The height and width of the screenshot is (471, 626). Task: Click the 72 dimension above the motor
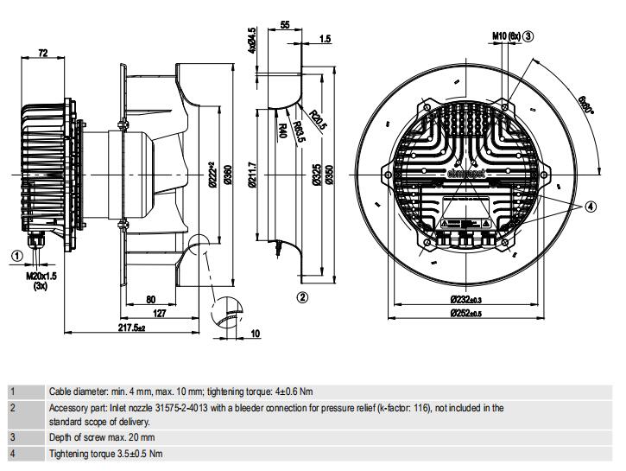(x=43, y=54)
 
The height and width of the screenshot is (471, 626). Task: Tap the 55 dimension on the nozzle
(x=286, y=27)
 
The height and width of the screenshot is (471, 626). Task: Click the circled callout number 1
(x=16, y=255)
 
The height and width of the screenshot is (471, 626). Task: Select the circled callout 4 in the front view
(x=590, y=206)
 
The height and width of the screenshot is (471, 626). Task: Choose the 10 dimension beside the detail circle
(x=255, y=333)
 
